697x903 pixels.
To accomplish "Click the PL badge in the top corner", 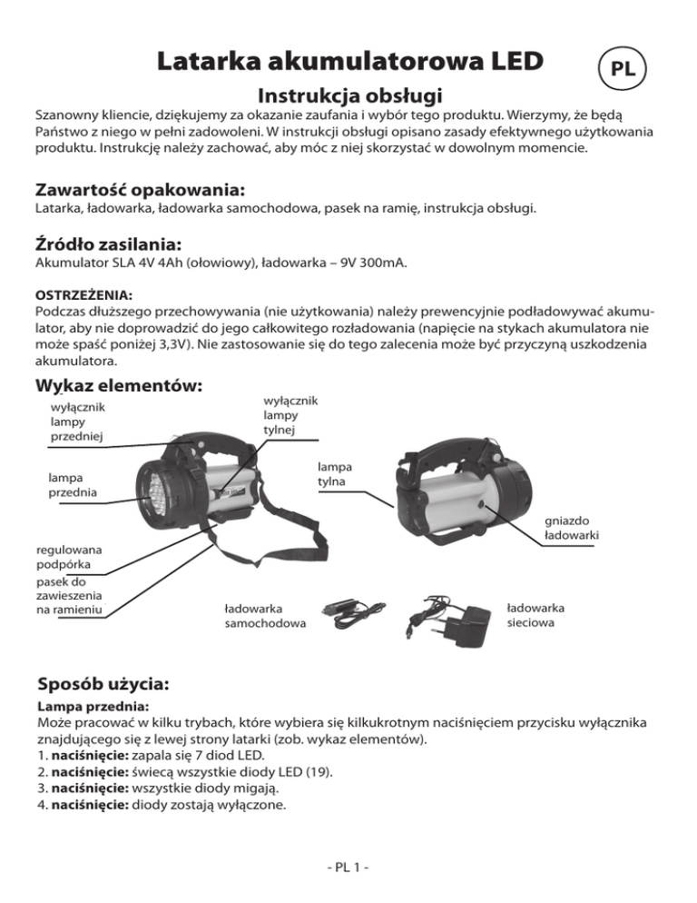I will (x=622, y=69).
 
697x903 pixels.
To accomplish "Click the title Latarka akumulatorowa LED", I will (x=349, y=61).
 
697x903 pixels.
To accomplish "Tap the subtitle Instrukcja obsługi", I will (x=350, y=95).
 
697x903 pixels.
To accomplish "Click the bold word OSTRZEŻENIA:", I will (x=83, y=295).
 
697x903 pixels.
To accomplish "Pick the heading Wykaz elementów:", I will (x=117, y=385).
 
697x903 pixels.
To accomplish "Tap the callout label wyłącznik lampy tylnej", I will (x=290, y=415).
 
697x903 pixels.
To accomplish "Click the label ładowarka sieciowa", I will (x=535, y=615).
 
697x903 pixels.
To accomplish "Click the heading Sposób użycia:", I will (x=103, y=682).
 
